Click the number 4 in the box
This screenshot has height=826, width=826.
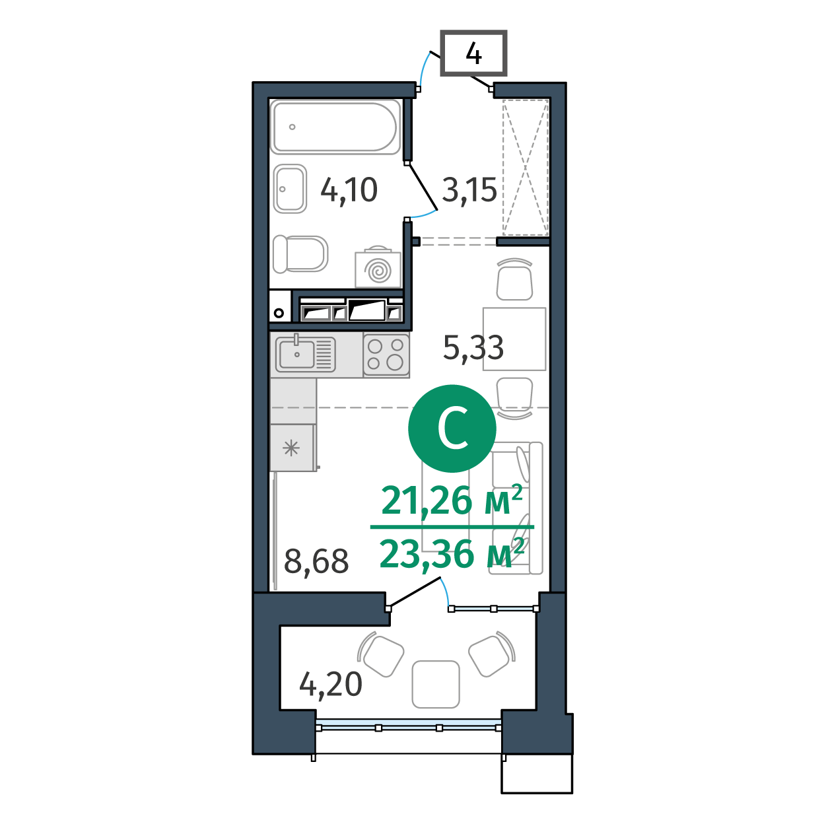(473, 54)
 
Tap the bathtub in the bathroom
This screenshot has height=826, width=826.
(335, 127)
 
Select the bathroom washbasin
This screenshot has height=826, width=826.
(291, 189)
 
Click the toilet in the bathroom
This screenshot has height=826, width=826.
(300, 254)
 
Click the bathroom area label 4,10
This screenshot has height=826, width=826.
(349, 190)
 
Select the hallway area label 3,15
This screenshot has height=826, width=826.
(469, 190)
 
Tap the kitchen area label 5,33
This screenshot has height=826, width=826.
(473, 347)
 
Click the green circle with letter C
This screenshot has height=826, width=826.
(452, 429)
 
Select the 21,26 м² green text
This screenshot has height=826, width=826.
(452, 500)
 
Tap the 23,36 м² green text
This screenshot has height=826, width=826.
(452, 554)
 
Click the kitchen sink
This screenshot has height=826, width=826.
(306, 354)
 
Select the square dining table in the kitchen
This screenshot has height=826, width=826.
(514, 339)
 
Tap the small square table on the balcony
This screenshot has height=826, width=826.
(436, 684)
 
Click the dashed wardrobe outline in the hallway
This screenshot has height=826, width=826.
(526, 167)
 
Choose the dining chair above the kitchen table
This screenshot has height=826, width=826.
(514, 279)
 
